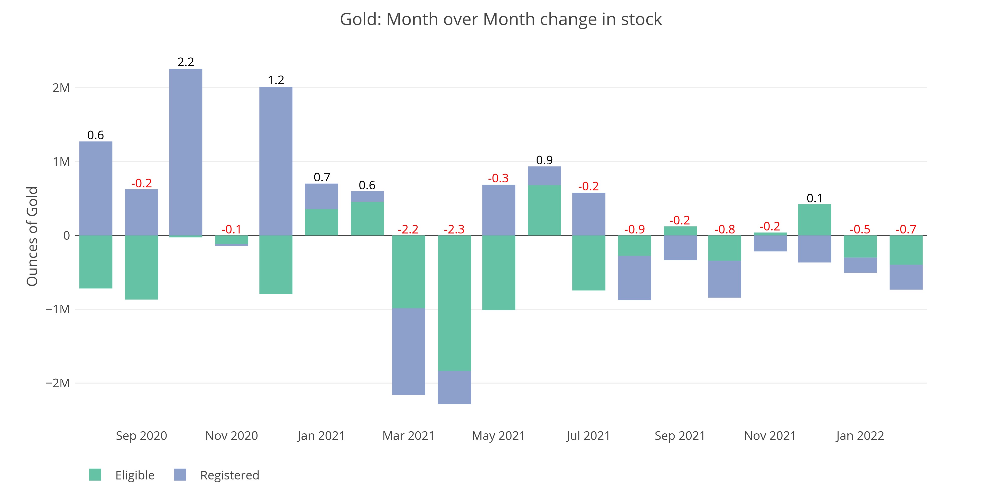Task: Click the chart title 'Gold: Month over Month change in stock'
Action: click(500, 20)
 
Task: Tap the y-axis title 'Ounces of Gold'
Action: click(32, 236)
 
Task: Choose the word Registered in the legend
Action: click(229, 475)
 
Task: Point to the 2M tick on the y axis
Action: click(61, 88)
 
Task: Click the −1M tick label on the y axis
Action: click(58, 309)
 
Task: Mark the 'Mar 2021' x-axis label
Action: click(408, 436)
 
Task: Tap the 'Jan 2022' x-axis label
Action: click(860, 436)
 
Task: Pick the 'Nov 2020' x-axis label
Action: click(231, 436)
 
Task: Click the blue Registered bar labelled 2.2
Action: click(186, 152)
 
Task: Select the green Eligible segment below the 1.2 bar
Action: click(276, 265)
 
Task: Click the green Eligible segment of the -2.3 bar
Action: click(454, 303)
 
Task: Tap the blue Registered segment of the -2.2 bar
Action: click(408, 351)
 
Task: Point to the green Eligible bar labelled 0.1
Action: click(815, 220)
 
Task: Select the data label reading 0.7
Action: click(322, 177)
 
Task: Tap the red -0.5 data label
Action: click(860, 229)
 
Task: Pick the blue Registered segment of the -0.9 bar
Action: click(635, 278)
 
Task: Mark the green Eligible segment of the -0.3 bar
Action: click(499, 272)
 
